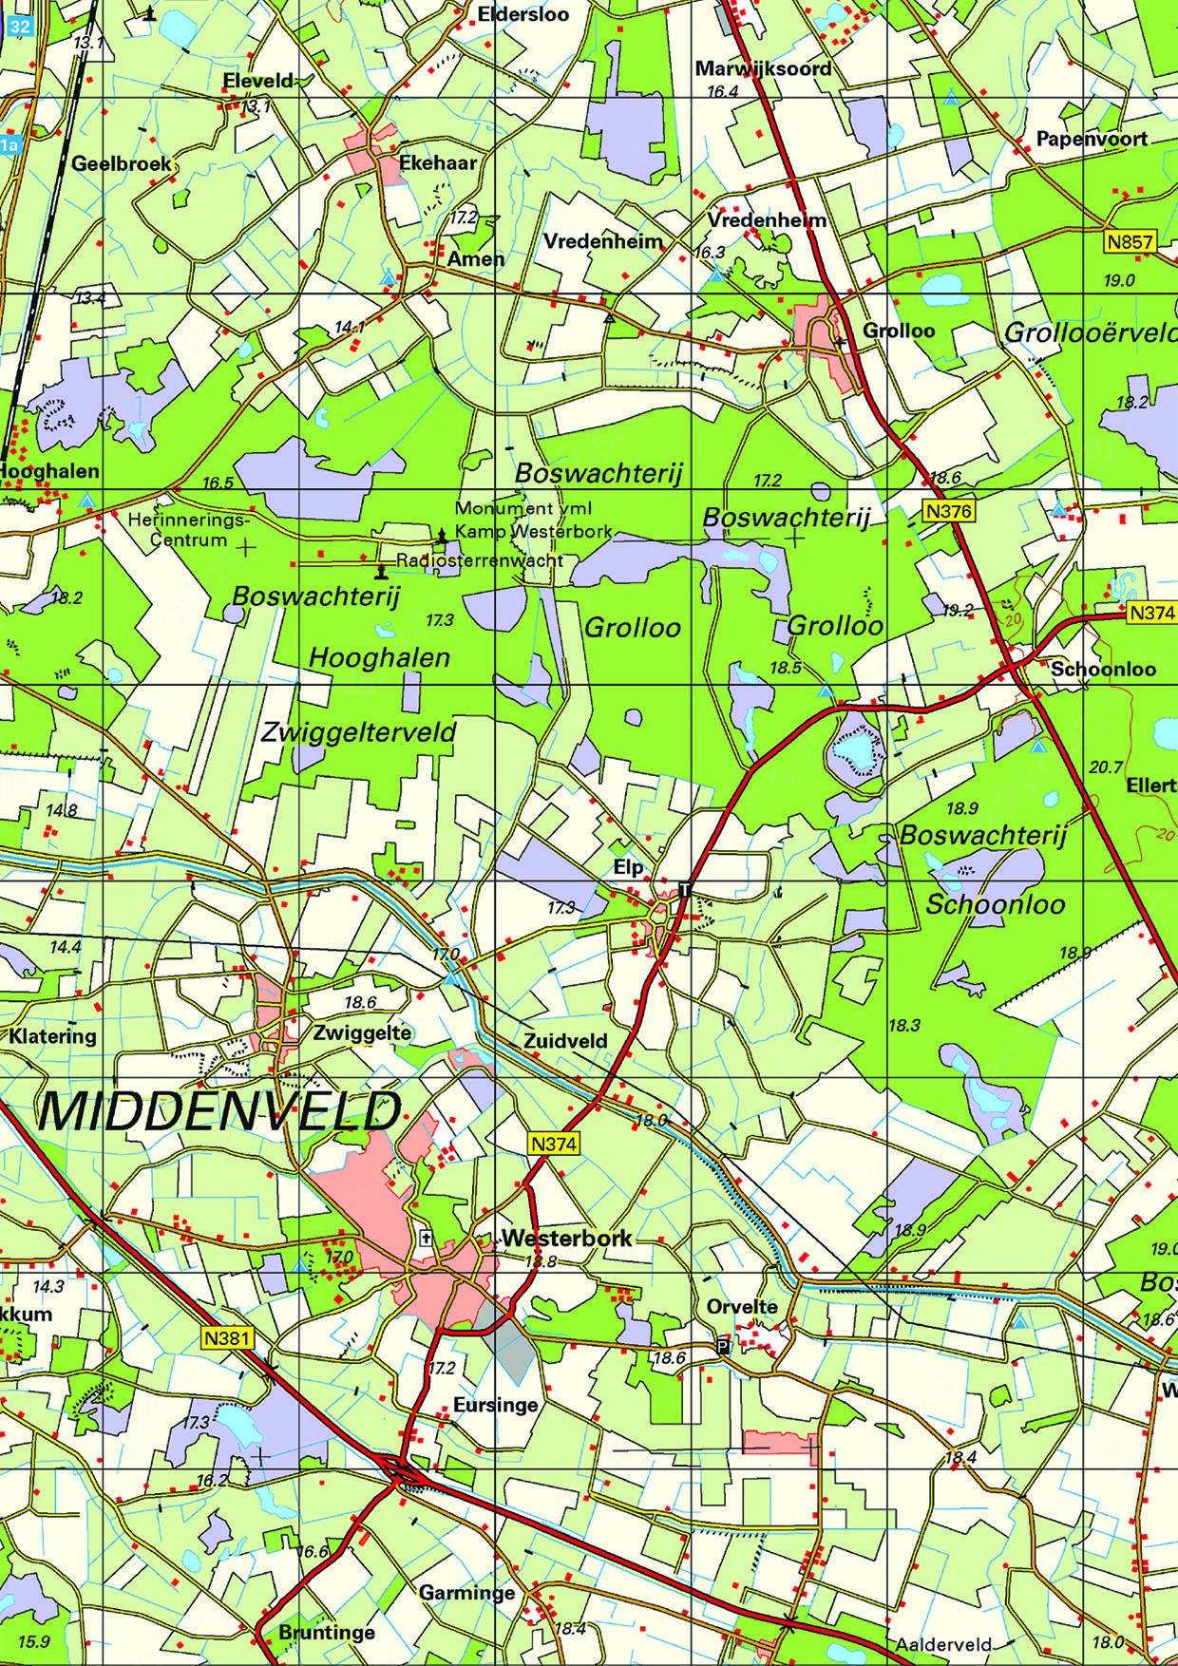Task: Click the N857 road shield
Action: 1130,242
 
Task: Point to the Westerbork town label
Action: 566,1239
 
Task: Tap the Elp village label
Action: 628,867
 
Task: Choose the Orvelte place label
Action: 742,1306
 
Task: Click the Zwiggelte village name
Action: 361,1032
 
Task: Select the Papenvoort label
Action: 1091,139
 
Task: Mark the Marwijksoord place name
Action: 763,68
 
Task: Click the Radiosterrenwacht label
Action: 480,560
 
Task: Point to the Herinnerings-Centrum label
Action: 189,530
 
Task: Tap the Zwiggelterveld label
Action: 357,732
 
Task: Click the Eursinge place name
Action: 495,1404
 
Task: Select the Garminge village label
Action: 466,1593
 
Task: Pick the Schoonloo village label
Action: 1102,669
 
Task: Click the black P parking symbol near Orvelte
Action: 723,1347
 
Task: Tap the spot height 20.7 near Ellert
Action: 1107,767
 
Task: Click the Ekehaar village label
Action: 437,162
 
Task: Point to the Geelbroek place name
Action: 122,163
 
